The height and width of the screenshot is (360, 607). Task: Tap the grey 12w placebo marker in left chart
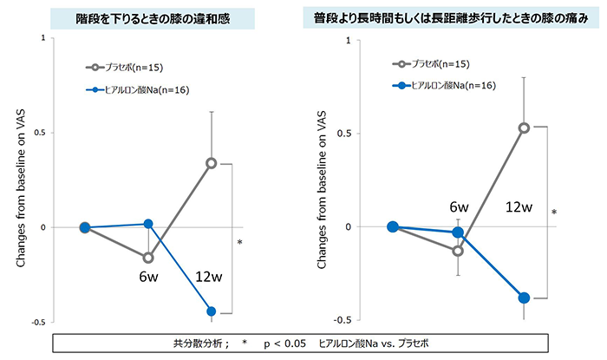[x=211, y=162]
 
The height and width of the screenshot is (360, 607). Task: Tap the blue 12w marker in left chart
[x=211, y=311]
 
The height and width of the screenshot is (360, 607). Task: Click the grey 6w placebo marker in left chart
[x=148, y=258]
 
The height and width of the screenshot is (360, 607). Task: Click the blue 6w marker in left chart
[x=148, y=224]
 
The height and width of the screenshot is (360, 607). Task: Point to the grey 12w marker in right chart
[x=524, y=128]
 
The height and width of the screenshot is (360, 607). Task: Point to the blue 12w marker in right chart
[x=524, y=298]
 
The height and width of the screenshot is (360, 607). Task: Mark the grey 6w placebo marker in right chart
[x=458, y=251]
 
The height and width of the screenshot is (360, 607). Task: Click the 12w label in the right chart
[x=521, y=208]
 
